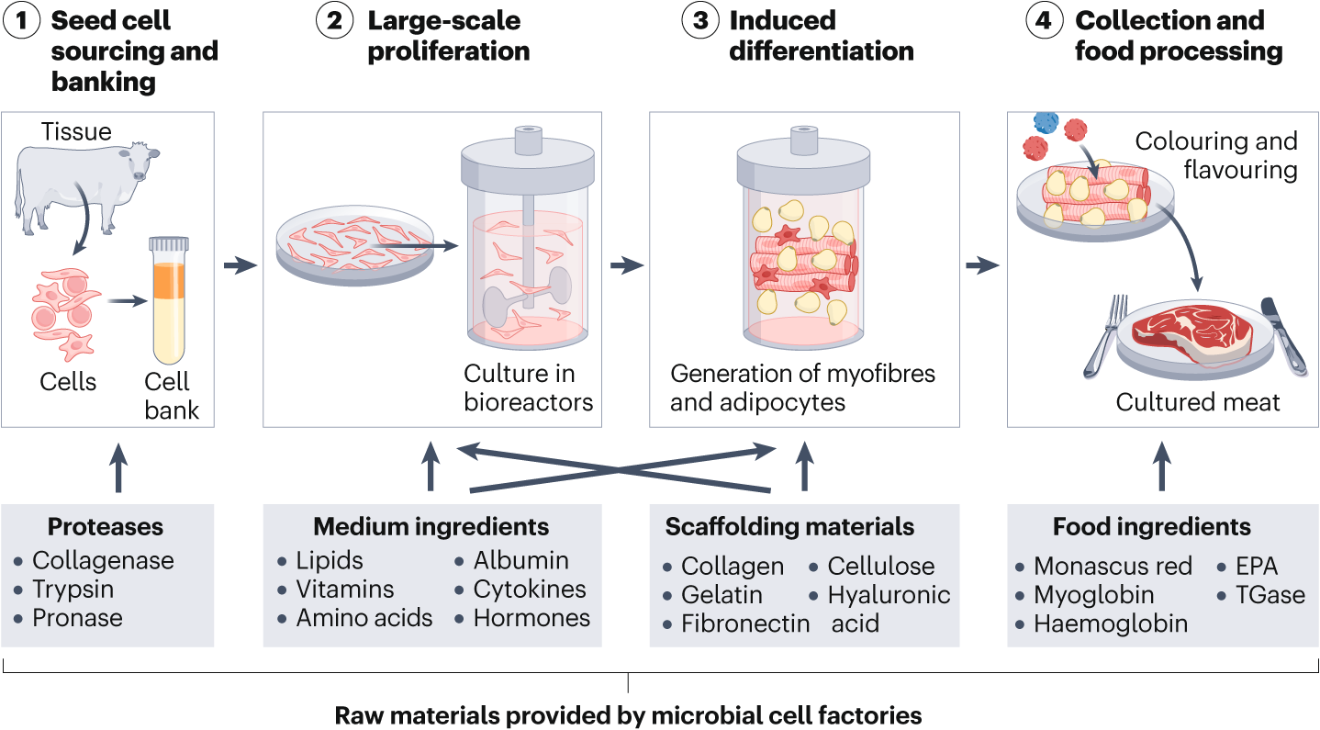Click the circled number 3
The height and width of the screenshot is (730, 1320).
pos(700,21)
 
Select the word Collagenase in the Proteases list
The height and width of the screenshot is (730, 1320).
pos(103,560)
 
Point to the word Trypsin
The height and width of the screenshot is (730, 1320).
pos(73,589)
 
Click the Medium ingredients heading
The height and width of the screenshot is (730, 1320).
pos(431,526)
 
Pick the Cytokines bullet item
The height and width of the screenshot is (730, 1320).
pos(530,589)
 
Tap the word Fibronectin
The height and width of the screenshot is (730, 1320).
pos(745,623)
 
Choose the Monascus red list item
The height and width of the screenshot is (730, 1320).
pos(1113,566)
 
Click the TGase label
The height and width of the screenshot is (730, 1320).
pos(1270,594)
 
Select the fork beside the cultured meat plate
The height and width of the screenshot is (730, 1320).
pos(1102,336)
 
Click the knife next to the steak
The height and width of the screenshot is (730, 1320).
pos(1283,334)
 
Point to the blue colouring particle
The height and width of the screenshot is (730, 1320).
pos(1046,122)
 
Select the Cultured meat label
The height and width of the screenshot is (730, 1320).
pos(1198,401)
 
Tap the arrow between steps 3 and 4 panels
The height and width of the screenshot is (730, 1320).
pos(983,265)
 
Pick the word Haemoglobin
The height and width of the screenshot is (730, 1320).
pos(1111,623)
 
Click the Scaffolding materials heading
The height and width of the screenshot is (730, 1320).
pos(789,526)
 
